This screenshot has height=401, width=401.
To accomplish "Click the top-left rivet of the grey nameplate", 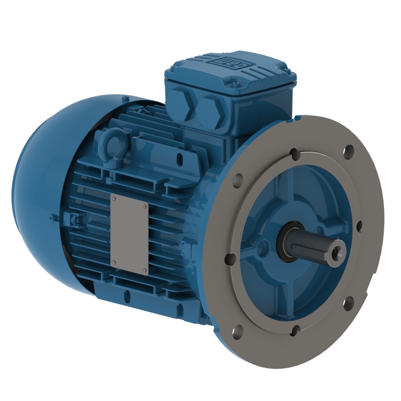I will [x=115, y=198].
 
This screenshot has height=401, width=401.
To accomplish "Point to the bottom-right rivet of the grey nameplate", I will [x=144, y=269].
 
